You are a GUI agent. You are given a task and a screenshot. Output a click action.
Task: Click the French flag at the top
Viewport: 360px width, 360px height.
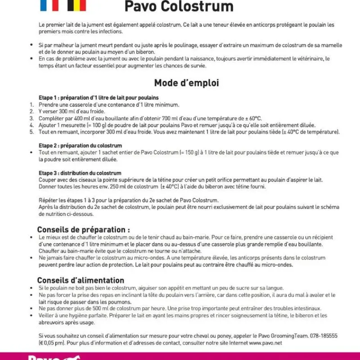[49, 5]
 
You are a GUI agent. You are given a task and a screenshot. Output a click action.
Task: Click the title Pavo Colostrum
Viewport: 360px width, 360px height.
[179, 7]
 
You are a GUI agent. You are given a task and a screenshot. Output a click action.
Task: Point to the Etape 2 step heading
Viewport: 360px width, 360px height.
[80, 146]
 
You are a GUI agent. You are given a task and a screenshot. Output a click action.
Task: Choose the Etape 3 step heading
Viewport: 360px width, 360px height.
[80, 173]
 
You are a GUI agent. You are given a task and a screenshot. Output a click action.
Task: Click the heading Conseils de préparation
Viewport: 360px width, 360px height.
[83, 229]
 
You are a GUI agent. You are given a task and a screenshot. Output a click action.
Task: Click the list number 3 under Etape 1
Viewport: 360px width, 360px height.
[31, 118]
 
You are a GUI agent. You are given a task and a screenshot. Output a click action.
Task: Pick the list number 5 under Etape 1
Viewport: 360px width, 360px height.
[31, 132]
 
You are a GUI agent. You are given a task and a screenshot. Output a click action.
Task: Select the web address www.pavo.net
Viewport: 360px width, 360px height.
[265, 343]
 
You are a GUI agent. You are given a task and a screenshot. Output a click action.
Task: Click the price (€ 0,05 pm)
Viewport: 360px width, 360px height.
[52, 343]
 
